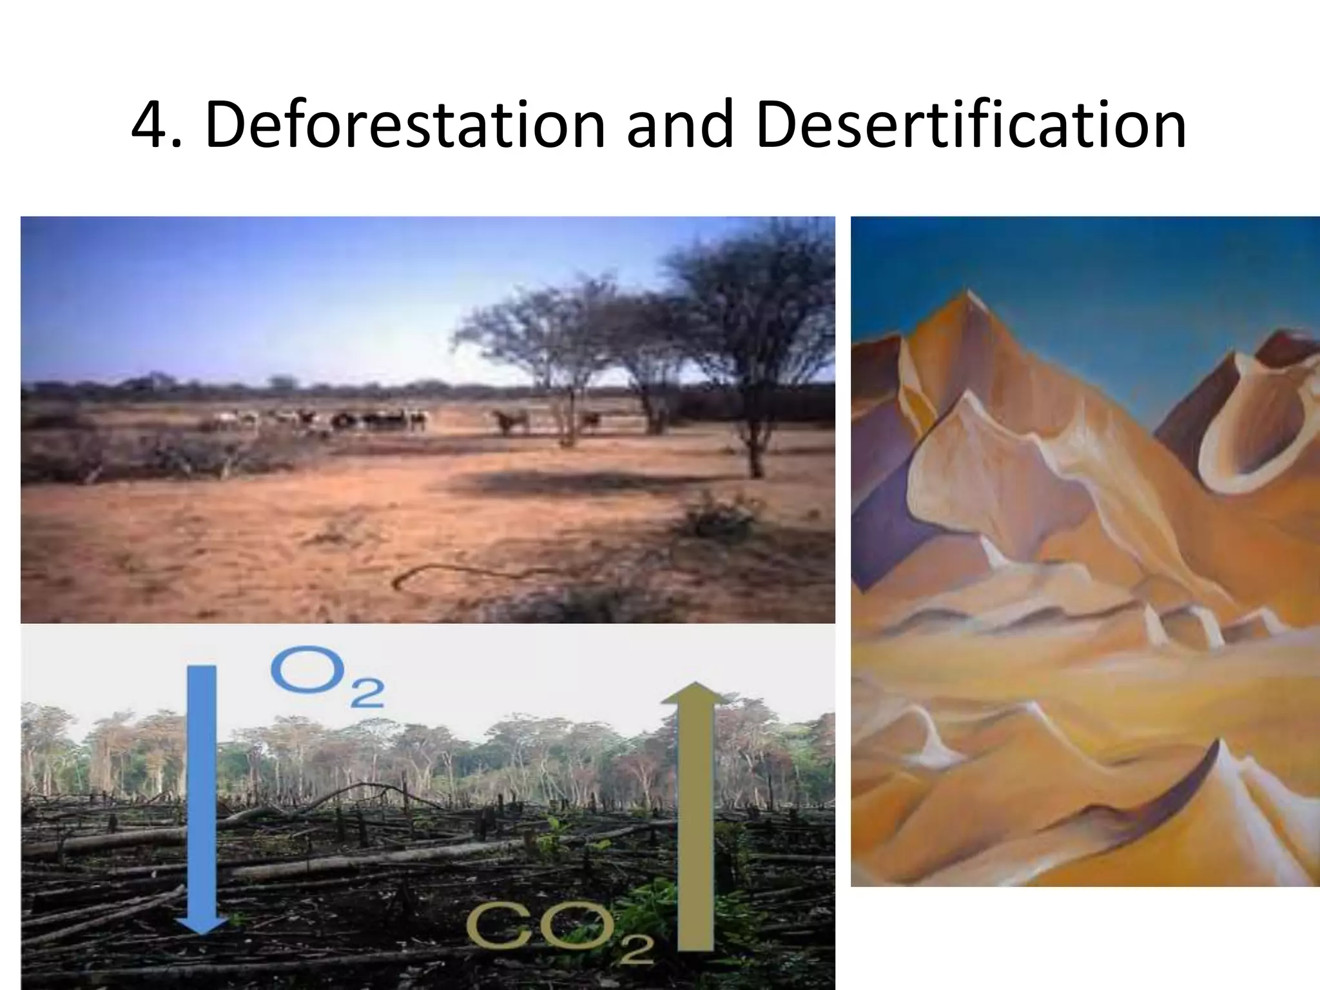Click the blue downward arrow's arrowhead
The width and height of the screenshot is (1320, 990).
point(201,922)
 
